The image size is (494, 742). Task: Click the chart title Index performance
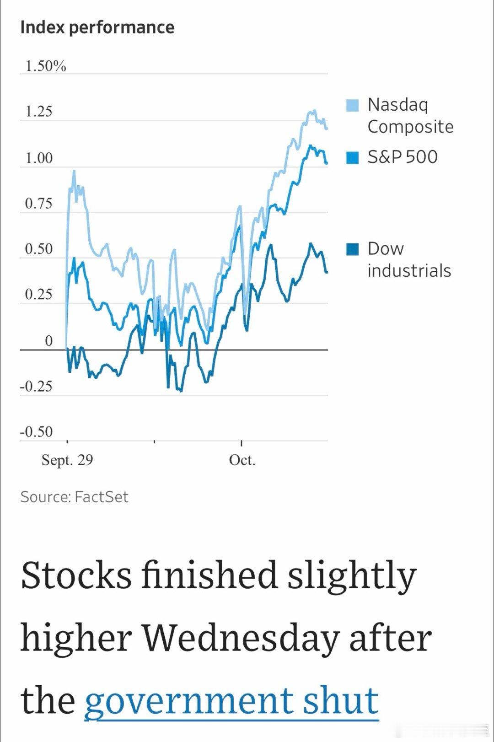(97, 27)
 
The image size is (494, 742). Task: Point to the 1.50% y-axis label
(46, 66)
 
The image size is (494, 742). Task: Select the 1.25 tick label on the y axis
(39, 112)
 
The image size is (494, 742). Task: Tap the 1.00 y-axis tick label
(39, 158)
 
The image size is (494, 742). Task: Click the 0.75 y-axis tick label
(39, 204)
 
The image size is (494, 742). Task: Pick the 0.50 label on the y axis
(39, 249)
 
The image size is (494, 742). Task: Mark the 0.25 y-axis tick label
(39, 294)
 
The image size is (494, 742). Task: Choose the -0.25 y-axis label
(36, 387)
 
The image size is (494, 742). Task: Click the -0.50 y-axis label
(36, 432)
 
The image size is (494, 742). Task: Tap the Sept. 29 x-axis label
(67, 460)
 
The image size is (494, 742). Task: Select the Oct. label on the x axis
(242, 460)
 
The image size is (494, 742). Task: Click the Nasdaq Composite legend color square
(352, 105)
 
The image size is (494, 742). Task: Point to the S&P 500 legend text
(403, 157)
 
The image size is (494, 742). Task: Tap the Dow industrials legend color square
(352, 249)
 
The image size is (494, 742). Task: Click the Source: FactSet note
(74, 497)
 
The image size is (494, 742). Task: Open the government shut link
(231, 700)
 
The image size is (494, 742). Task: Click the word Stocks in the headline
(76, 575)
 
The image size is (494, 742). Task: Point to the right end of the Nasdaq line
(327, 129)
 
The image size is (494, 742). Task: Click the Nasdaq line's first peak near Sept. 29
(74, 171)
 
